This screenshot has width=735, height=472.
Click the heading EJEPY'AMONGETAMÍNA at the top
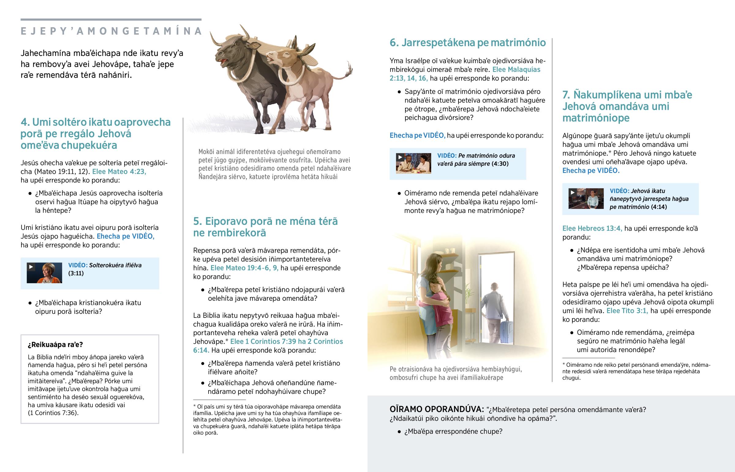111,31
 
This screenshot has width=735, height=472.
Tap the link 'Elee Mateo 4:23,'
119,172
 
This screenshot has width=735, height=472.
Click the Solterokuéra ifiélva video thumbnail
44,273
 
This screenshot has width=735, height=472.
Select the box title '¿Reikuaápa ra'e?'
55,344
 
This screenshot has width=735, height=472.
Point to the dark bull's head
233,49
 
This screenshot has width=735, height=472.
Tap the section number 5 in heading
197,221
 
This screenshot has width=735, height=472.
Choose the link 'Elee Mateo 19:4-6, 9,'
244,268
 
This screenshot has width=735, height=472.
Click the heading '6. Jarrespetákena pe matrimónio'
468,43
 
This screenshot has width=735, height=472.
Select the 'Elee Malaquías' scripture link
516,69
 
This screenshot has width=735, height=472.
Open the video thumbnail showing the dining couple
413,163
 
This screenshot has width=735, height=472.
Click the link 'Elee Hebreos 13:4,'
592,228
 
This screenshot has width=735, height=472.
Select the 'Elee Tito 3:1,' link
627,311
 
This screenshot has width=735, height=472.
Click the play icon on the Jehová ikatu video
572,193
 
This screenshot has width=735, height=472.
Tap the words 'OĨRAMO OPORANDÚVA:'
437,409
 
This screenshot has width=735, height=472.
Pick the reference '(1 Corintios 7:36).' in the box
53,413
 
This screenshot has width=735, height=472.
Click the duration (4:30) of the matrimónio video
500,164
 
